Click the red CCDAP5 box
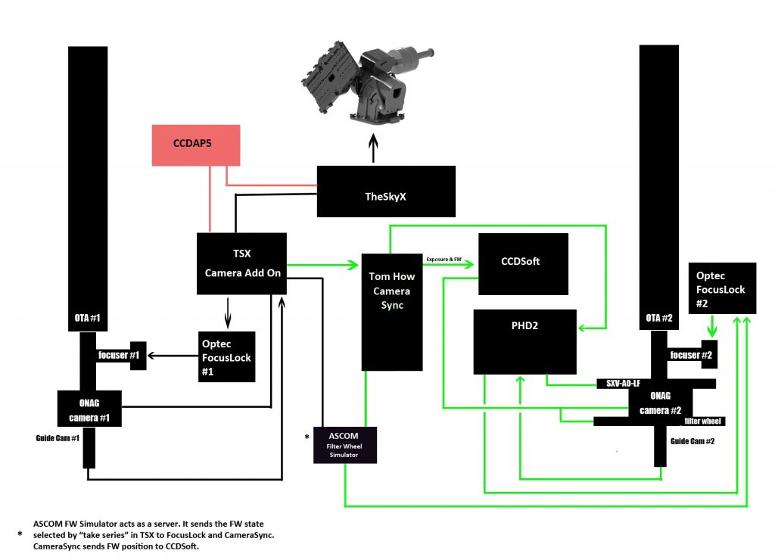coord(197,147)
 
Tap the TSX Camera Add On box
coord(243,263)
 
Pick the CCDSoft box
coord(523,263)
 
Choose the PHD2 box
coord(524,341)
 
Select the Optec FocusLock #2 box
coord(721,288)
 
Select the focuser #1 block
coord(120,354)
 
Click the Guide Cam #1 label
coord(58,437)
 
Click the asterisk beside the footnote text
coord(19,534)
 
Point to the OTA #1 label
coord(88,317)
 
